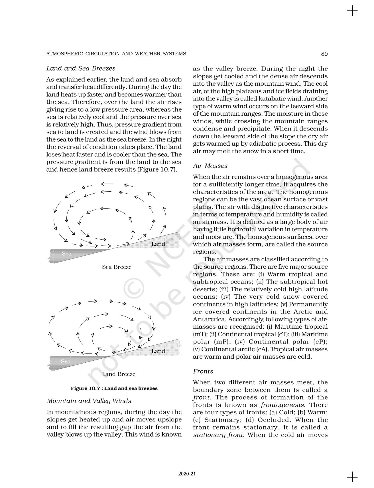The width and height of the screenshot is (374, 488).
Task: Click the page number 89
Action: click(x=324, y=54)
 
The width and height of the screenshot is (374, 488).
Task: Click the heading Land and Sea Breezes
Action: click(x=81, y=69)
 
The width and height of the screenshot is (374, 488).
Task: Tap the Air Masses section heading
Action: click(x=210, y=166)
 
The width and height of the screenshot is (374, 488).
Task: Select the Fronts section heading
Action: click(x=203, y=371)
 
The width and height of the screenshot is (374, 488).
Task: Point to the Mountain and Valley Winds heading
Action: click(x=89, y=401)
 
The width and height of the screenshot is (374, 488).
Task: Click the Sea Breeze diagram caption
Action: click(x=117, y=267)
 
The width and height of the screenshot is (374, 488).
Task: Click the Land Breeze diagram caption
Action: click(x=119, y=374)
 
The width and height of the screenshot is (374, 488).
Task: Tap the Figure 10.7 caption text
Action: click(x=114, y=388)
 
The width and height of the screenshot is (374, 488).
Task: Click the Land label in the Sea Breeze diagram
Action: click(x=158, y=244)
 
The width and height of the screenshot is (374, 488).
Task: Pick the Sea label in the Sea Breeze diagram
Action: click(x=67, y=254)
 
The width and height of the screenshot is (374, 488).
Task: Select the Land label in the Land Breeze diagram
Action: click(x=158, y=351)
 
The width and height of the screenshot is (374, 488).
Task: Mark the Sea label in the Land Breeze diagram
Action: click(x=66, y=362)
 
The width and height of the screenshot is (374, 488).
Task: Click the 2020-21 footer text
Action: click(x=187, y=474)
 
